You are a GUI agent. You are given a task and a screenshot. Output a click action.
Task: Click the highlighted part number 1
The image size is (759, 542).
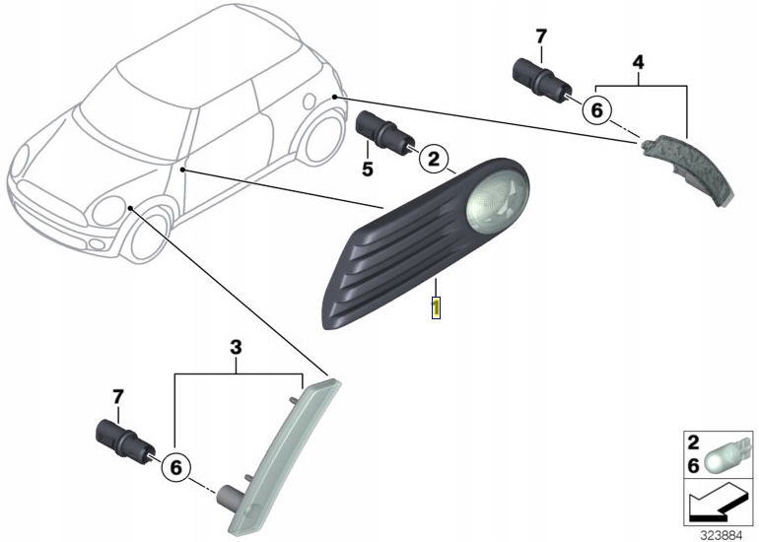(x=435, y=307)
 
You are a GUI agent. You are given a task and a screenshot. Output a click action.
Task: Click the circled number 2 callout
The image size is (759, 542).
(x=434, y=157)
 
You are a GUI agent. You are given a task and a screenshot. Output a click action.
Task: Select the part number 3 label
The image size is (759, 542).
(x=236, y=346)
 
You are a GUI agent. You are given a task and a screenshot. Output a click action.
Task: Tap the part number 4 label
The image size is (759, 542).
(x=638, y=62)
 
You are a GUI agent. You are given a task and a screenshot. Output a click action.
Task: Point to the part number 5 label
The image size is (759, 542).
(x=367, y=169)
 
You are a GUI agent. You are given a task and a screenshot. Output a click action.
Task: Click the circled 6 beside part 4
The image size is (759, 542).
(x=595, y=109)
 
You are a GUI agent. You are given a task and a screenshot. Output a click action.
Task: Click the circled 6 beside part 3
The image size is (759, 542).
(x=174, y=466)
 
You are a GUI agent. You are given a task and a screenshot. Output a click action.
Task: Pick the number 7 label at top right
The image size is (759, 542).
(x=540, y=36)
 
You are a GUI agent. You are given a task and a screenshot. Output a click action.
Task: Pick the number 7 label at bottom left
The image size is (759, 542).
(x=118, y=396)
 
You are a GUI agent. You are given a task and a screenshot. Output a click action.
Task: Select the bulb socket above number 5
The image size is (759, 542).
(x=379, y=131)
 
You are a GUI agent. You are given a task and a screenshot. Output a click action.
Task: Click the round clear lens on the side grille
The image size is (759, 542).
(x=497, y=202)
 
